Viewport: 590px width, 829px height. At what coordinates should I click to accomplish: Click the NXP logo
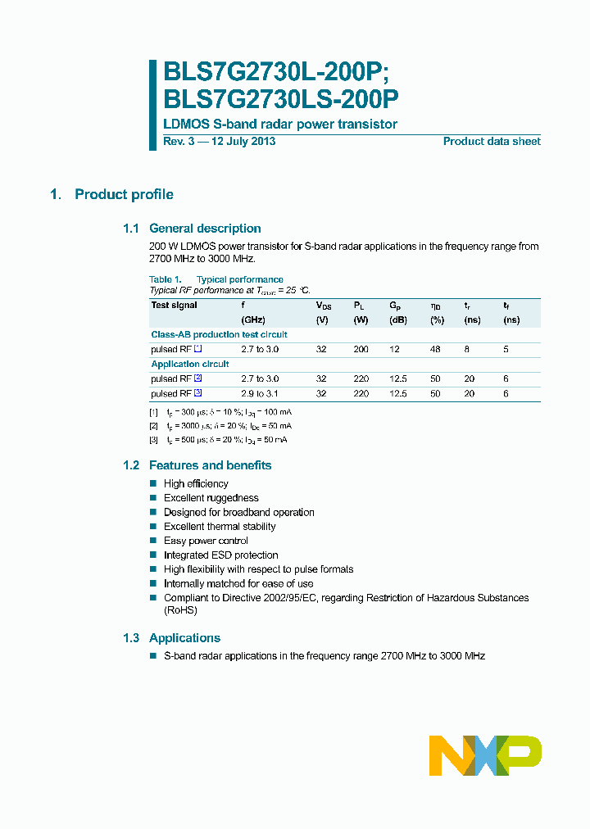click(485, 755)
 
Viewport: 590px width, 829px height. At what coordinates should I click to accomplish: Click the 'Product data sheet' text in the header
click(492, 142)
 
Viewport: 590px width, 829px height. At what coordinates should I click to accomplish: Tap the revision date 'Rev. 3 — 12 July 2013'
click(220, 142)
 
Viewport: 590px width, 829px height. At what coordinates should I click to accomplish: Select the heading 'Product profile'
click(124, 194)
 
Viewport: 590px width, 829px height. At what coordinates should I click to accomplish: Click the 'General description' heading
click(205, 229)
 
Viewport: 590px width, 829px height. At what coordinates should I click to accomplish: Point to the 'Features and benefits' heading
click(210, 465)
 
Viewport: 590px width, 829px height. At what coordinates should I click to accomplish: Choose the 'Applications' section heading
click(184, 638)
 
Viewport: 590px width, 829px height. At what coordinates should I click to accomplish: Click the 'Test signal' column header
click(175, 306)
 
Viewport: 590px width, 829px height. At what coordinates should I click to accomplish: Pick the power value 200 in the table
click(361, 349)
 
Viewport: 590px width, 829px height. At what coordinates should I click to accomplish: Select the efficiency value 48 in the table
click(435, 349)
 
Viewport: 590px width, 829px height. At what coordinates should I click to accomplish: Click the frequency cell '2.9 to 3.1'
click(260, 394)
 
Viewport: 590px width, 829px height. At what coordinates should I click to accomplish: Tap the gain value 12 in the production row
click(394, 349)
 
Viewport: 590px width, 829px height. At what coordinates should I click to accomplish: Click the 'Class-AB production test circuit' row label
click(219, 334)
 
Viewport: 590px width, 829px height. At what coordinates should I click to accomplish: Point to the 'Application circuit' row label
click(190, 364)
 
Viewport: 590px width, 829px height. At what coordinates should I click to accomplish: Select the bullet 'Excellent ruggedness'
click(211, 498)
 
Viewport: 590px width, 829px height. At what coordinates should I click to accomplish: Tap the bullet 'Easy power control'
click(206, 541)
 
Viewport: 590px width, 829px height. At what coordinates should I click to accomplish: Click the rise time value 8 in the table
click(468, 349)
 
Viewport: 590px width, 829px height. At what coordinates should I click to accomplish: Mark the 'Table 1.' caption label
click(165, 279)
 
